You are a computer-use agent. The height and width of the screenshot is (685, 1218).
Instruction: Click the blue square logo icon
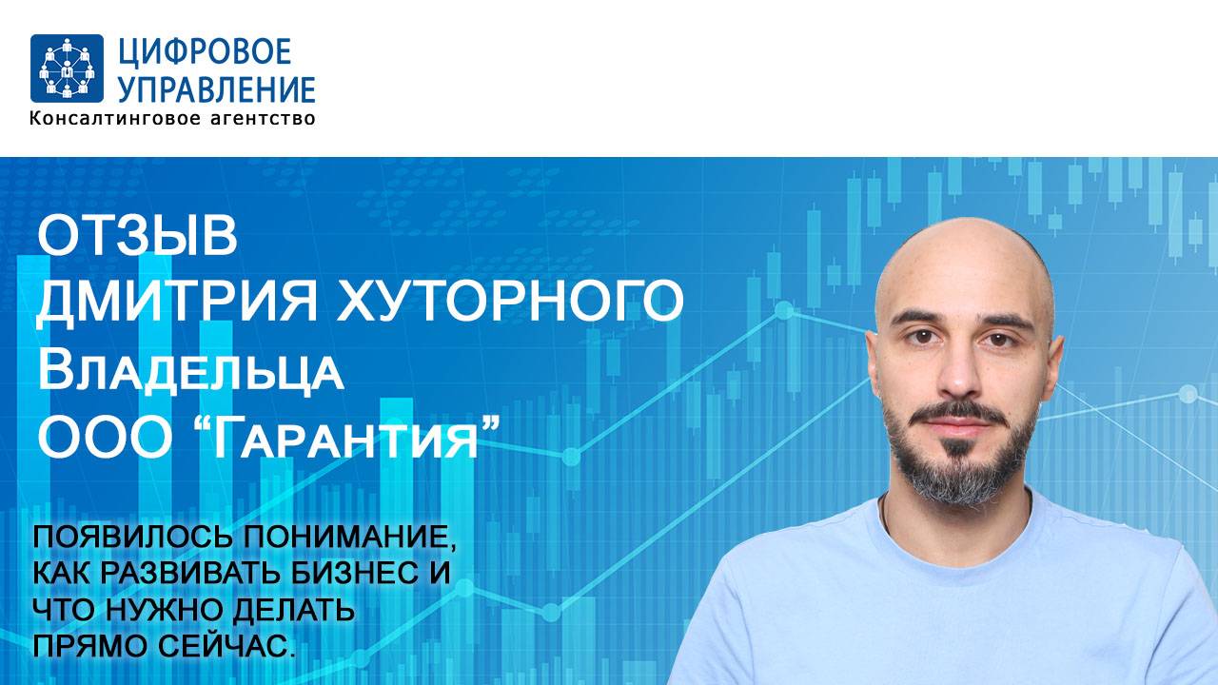(67, 68)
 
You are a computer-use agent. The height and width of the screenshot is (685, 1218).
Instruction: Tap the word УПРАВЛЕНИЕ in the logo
(216, 88)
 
